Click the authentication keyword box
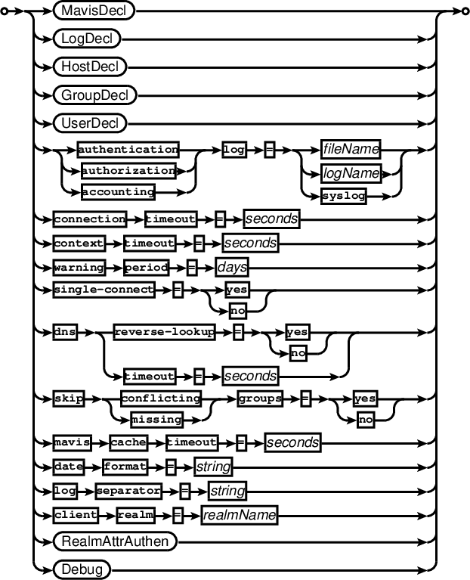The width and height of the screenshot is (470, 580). click(128, 149)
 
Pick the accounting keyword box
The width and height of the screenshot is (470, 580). click(118, 192)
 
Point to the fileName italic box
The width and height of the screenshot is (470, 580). click(350, 149)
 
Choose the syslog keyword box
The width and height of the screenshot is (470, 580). click(344, 195)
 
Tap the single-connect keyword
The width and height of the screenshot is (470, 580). click(104, 289)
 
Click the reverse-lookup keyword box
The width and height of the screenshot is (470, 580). click(163, 332)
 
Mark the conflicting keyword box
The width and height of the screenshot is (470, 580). click(161, 398)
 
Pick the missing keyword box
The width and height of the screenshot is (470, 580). click(156, 419)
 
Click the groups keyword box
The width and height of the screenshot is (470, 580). click(260, 397)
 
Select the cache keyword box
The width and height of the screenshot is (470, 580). click(128, 442)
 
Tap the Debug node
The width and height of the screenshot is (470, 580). click(82, 568)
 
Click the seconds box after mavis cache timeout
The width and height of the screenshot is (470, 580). click(292, 442)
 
